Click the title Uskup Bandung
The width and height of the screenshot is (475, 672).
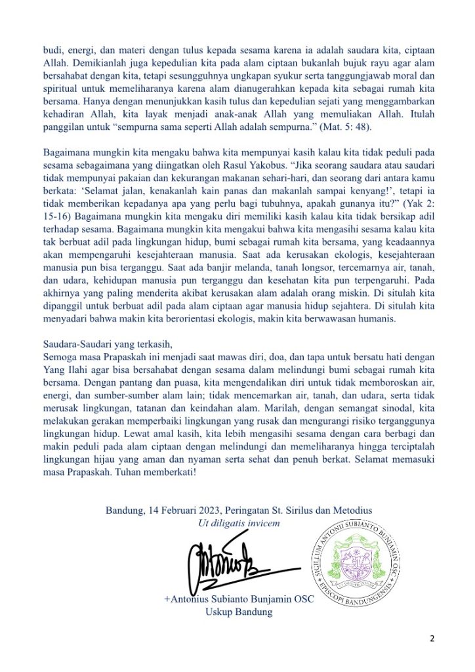[x=238, y=612]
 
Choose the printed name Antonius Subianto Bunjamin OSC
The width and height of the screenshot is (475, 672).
[x=238, y=599]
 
